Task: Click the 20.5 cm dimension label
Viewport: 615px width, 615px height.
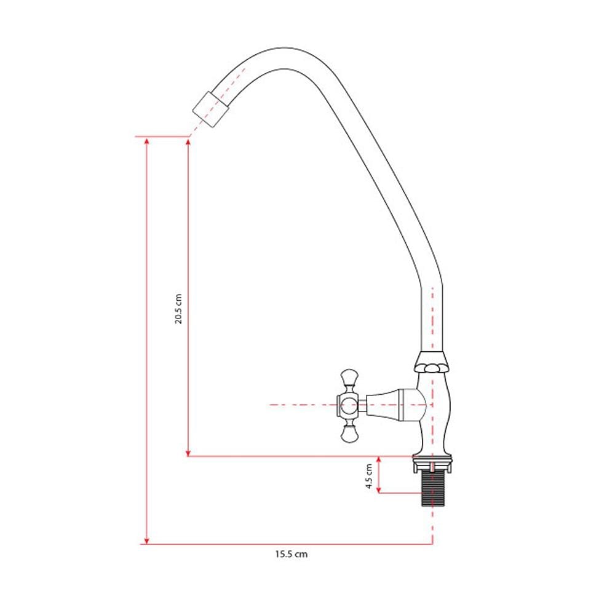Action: (179, 309)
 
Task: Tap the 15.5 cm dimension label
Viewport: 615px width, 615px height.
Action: (291, 554)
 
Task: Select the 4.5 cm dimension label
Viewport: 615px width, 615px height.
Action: (369, 476)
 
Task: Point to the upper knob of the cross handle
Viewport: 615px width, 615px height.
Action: (349, 379)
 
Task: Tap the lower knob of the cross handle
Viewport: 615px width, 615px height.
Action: (349, 431)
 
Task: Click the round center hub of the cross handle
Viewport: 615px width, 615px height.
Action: (348, 405)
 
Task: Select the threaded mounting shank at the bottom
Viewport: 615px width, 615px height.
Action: (432, 489)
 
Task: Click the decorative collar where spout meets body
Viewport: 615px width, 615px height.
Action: (432, 362)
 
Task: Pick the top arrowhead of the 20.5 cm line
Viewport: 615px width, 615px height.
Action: (188, 143)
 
